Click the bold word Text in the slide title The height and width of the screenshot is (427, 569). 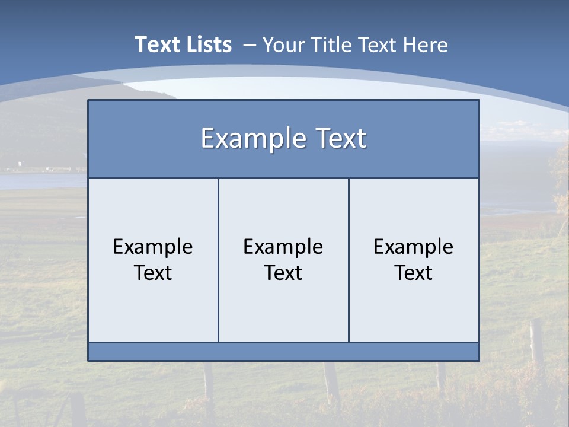pyautogui.click(x=155, y=44)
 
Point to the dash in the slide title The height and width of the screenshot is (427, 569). pyautogui.click(x=250, y=45)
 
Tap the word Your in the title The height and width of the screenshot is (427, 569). pyautogui.click(x=281, y=45)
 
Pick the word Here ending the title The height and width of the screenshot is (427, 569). pyautogui.click(x=425, y=45)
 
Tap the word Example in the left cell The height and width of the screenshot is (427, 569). pyautogui.click(x=153, y=247)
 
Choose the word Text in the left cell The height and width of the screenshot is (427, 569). pyautogui.click(x=153, y=273)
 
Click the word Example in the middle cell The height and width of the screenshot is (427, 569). pyautogui.click(x=283, y=247)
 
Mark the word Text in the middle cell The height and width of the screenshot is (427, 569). pyautogui.click(x=283, y=273)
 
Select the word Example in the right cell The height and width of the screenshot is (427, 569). pyautogui.click(x=414, y=247)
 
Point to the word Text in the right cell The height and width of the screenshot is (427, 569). pyautogui.click(x=414, y=273)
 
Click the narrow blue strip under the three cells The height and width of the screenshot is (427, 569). pyautogui.click(x=283, y=352)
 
